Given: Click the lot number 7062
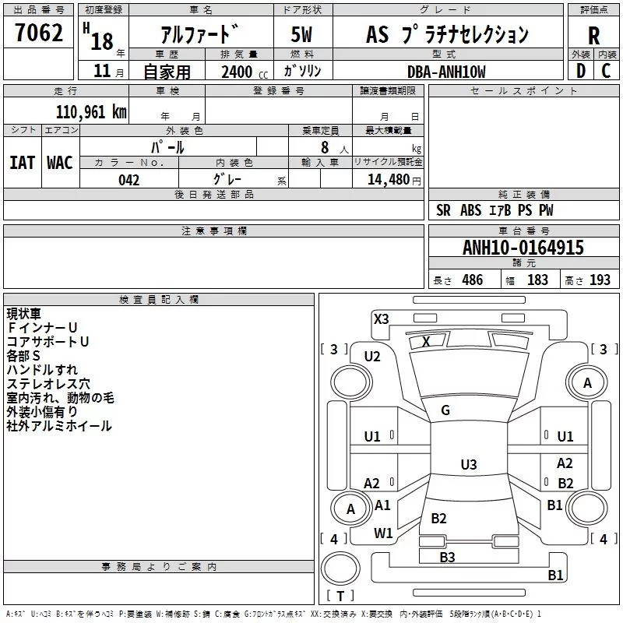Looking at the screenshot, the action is [39, 33].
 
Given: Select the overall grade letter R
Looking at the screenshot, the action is [593, 36].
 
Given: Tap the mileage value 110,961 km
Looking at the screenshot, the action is [91, 112].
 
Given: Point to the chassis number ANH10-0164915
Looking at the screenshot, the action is [523, 248].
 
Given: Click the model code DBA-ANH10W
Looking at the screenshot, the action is [446, 72].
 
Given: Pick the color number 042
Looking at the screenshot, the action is [128, 180].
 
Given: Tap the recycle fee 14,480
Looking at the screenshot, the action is [389, 180].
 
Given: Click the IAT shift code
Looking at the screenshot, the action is [22, 163].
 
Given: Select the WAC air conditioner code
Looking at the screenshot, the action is [60, 163].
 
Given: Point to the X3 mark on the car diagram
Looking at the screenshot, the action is [381, 319].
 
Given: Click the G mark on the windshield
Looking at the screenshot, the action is [445, 410].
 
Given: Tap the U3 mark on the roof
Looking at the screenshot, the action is [469, 464].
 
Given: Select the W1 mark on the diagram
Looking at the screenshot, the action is [383, 533].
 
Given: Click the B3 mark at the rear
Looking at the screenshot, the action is [447, 557].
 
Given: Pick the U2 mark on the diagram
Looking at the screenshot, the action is [372, 357].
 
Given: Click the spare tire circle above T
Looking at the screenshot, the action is [340, 568].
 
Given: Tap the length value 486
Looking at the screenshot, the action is [473, 280].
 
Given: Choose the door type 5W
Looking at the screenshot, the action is [301, 34].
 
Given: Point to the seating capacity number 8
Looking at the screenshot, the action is [325, 147].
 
